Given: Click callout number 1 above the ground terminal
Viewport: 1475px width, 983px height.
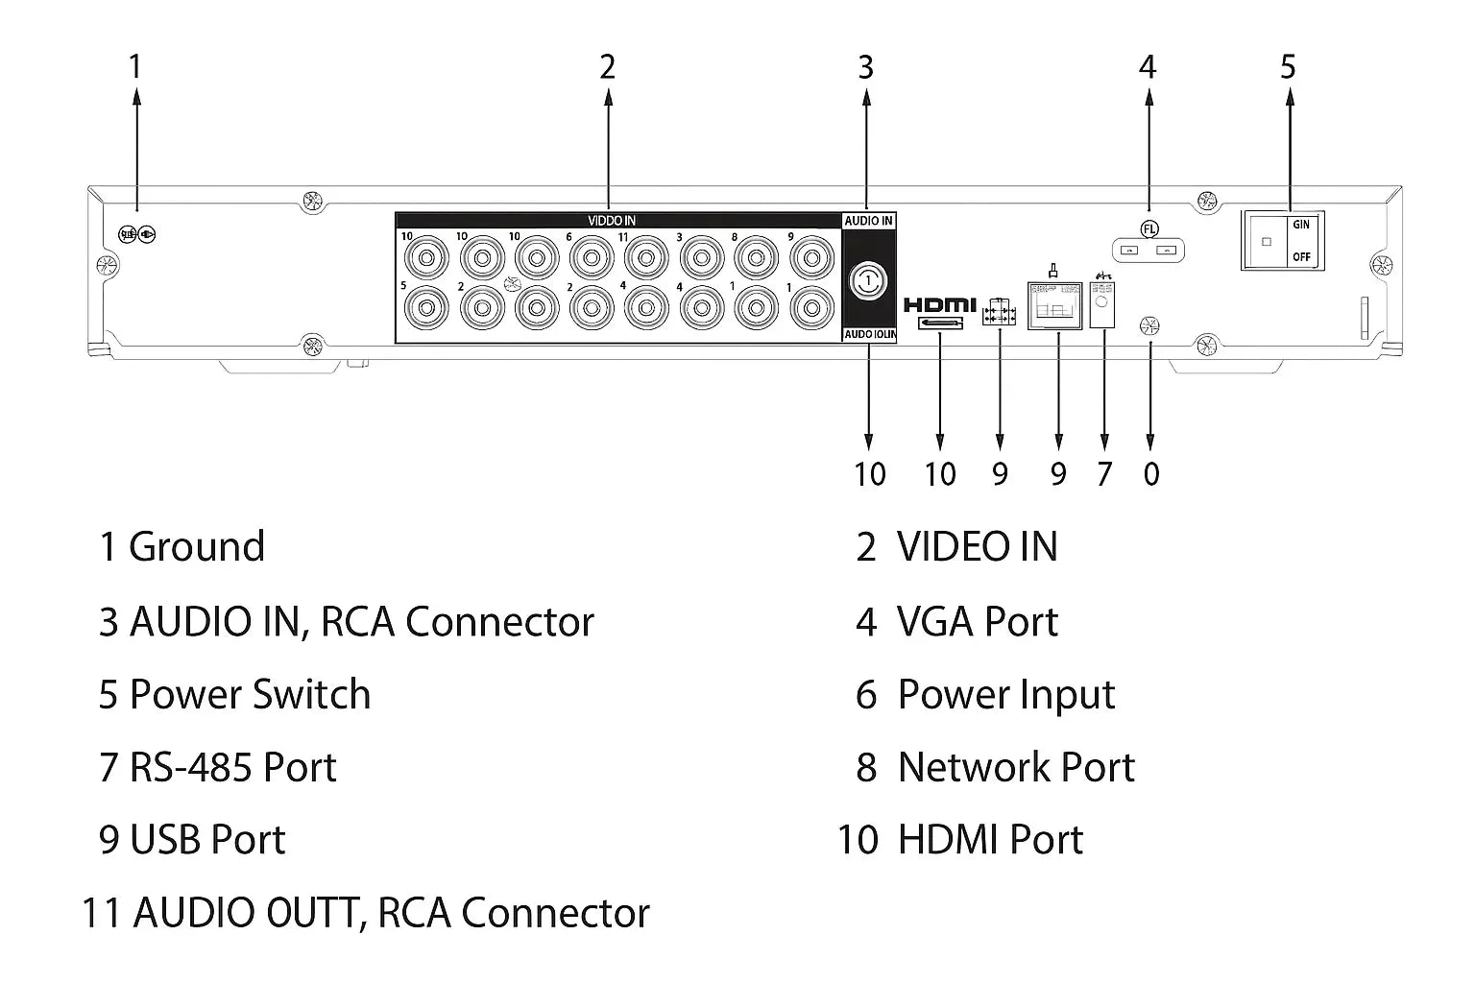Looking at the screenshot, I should click(135, 67).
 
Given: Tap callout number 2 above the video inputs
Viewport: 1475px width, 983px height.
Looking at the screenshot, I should click(607, 67).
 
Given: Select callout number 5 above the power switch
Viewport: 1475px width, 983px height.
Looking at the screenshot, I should click(1288, 67).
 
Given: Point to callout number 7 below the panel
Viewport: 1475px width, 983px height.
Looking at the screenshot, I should click(1104, 473).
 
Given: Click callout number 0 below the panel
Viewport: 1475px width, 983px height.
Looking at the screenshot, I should click(1151, 473).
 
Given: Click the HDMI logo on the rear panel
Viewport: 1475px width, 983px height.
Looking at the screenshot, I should click(939, 304).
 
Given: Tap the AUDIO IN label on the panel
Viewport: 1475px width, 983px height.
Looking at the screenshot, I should click(868, 221).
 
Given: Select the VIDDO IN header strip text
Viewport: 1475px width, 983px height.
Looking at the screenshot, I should click(612, 221).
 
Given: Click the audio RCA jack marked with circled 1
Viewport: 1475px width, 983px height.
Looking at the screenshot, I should click(868, 280).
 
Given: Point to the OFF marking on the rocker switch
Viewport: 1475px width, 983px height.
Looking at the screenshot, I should click(1301, 257).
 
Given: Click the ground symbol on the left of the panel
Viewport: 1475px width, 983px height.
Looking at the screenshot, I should click(137, 234).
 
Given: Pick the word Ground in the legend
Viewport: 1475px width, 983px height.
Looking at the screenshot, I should click(197, 547).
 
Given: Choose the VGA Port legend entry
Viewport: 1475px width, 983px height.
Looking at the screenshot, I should click(977, 622).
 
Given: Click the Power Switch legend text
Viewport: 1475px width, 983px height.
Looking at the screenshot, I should click(250, 695).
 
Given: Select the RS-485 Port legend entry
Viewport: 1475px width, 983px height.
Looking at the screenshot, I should click(232, 768).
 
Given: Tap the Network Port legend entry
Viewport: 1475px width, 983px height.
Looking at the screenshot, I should click(1016, 768).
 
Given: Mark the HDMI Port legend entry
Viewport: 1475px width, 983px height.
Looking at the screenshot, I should click(990, 840).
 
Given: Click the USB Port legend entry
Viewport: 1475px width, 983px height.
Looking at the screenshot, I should click(207, 840).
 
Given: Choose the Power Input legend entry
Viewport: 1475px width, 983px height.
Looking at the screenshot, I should click(1005, 695).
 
